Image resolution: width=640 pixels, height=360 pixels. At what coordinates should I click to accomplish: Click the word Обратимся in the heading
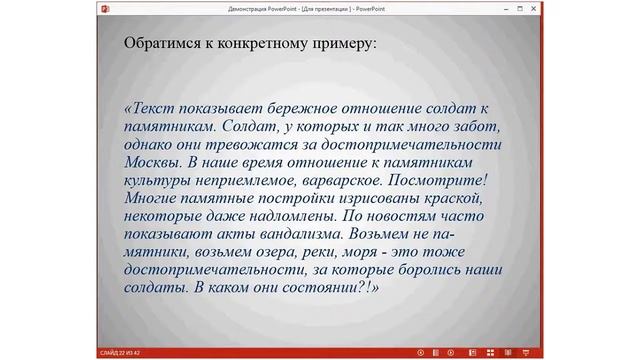pyautogui.click(x=159, y=45)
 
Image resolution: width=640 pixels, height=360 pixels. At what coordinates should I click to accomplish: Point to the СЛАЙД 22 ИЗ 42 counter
pyautogui.click(x=118, y=353)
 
